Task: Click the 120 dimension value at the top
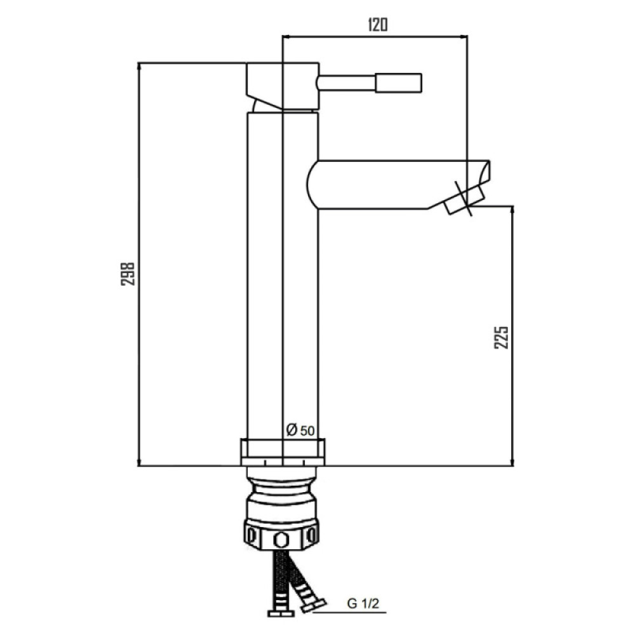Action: tap(378, 25)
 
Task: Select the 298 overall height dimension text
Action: tap(128, 274)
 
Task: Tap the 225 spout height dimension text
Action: tap(501, 337)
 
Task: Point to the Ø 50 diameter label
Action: tap(300, 430)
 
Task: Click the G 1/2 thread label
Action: tap(363, 604)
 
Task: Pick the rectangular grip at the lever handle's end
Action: tap(399, 83)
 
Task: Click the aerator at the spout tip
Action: tap(465, 201)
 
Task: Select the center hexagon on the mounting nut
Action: tap(280, 539)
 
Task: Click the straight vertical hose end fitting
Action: tap(281, 613)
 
